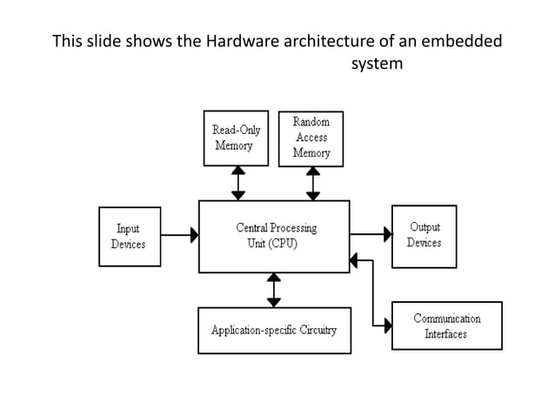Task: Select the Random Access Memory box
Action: pos(311,138)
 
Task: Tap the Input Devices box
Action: pos(129,236)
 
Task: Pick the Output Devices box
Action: pos(424,235)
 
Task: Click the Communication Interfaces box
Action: pos(446,325)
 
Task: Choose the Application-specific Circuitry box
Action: pos(274,331)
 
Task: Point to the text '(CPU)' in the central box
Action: pos(282,244)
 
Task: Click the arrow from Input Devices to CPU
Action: pos(180,235)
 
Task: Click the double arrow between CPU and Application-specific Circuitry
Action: pos(274,290)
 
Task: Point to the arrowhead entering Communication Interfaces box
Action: pos(386,326)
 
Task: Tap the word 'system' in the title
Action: pos(376,64)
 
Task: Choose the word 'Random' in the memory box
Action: pos(311,124)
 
